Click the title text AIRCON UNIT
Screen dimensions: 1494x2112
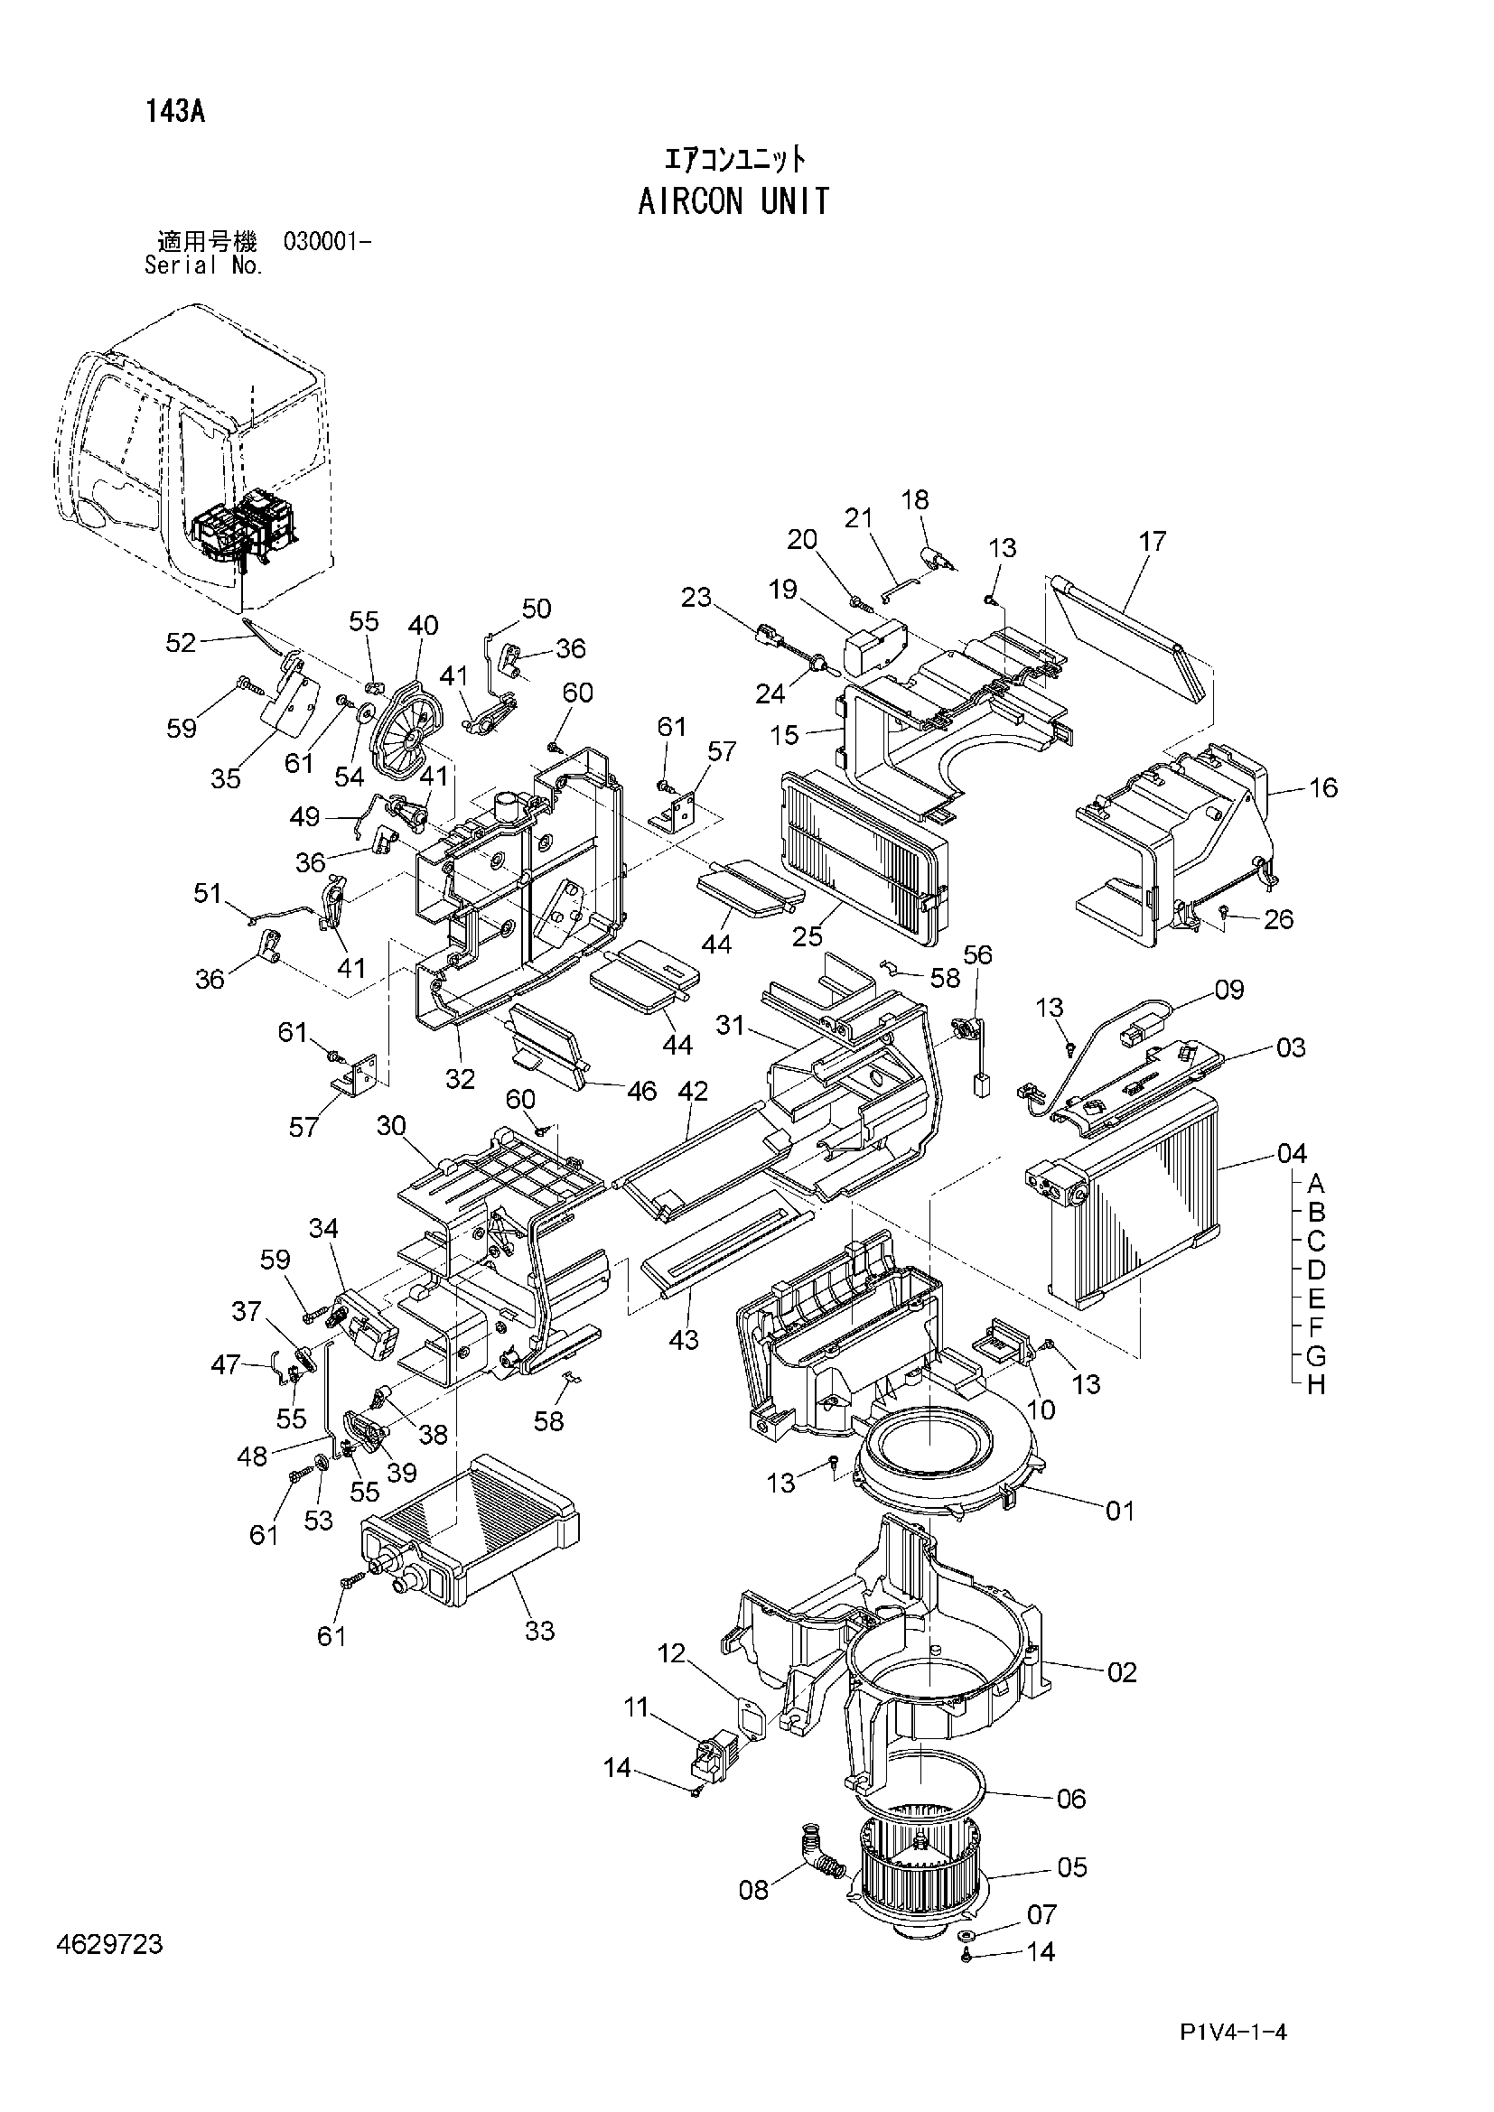[x=733, y=200]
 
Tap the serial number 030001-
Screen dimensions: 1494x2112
[x=328, y=243]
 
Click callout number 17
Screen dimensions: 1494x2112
[x=1152, y=541]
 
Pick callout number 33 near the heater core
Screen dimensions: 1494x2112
[x=540, y=1630]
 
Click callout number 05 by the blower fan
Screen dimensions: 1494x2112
[x=1072, y=1866]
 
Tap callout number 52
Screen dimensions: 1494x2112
[x=182, y=643]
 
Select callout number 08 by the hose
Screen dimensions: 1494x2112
[x=753, y=1890]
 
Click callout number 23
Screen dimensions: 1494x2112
[x=696, y=597]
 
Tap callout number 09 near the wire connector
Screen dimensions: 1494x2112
[x=1229, y=990]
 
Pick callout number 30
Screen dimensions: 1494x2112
[x=391, y=1125]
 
